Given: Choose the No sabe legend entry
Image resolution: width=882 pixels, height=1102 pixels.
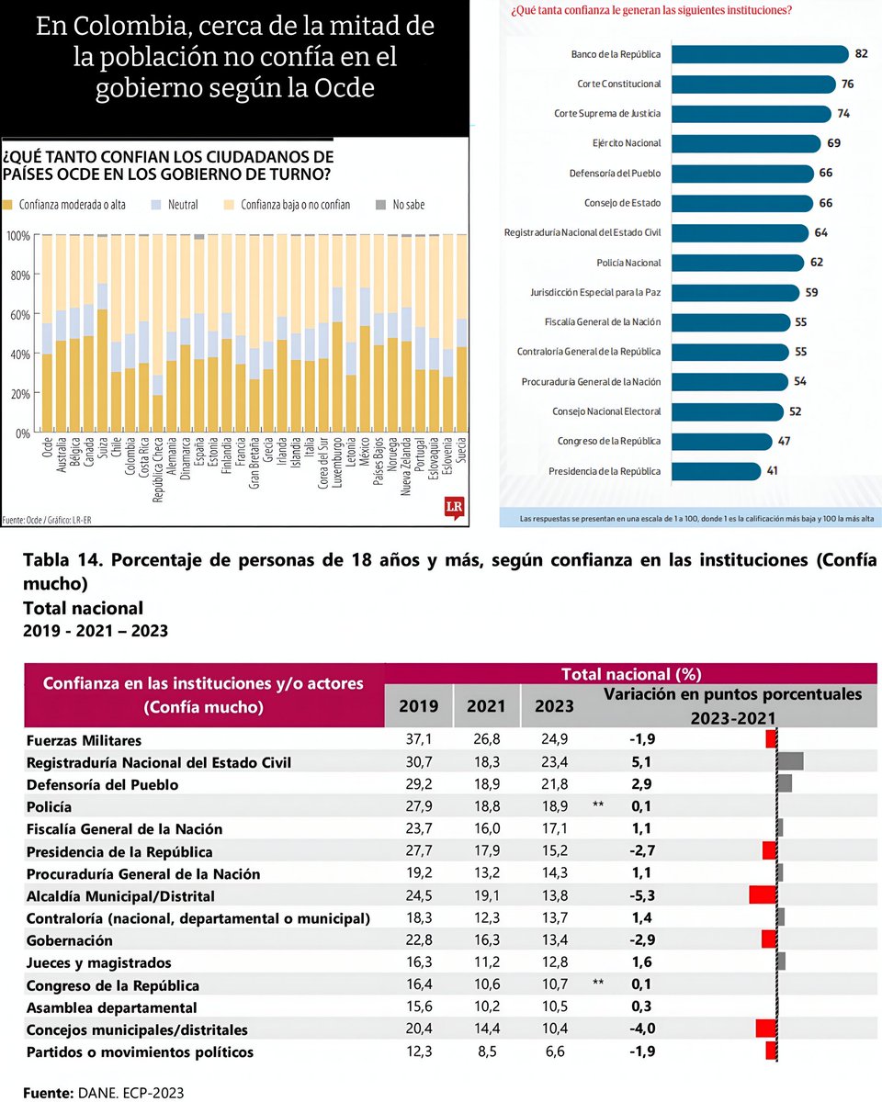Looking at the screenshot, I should [401, 205].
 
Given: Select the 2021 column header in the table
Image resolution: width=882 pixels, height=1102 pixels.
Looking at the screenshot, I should [486, 706].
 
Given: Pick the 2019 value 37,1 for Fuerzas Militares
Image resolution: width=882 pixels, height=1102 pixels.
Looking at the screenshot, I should [420, 739].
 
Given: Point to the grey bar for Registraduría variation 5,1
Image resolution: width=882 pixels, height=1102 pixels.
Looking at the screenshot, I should [790, 761].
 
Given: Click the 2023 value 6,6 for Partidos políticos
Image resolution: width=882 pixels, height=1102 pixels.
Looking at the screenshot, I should [555, 1051].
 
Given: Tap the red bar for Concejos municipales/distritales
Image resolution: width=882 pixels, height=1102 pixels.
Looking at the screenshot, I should [766, 1029].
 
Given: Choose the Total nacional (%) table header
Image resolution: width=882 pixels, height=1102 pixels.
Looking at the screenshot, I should [631, 674].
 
